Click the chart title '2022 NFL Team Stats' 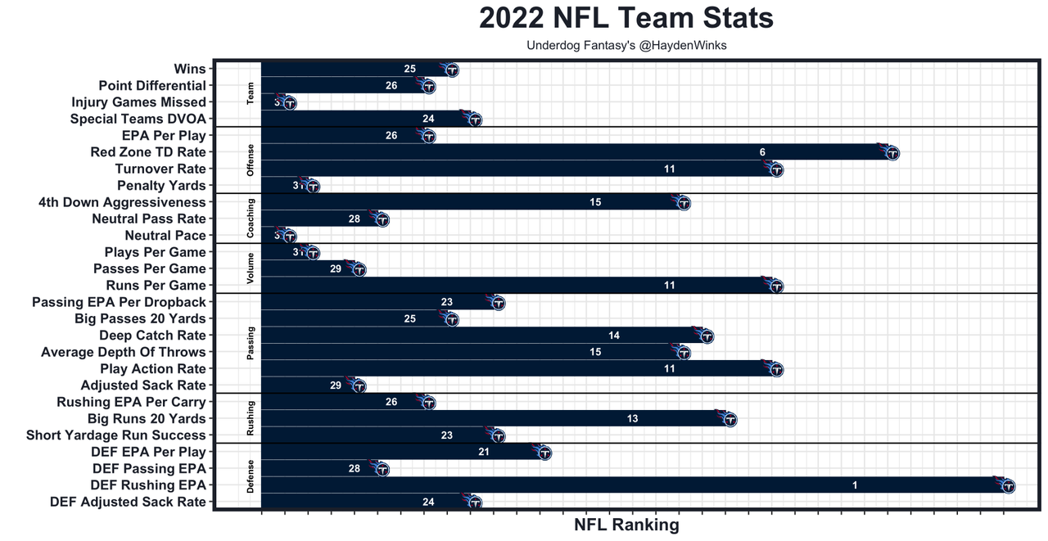tap(626, 18)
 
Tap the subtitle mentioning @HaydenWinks tap(626, 46)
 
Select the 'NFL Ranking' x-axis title tap(626, 525)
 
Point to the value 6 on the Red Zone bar tap(762, 152)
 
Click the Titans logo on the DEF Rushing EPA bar tap(1007, 486)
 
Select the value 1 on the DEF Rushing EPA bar tap(855, 485)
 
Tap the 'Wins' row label tap(190, 69)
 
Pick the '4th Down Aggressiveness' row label tap(122, 202)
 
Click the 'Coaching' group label tap(251, 219)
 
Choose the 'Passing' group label tap(251, 344)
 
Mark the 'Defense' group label tap(251, 477)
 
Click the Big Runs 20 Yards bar tap(491, 419)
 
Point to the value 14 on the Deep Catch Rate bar tap(614, 336)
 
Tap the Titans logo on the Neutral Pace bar tap(288, 237)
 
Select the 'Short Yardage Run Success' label tap(116, 435)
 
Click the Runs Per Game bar tap(516, 286)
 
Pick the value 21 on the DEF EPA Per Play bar tap(484, 452)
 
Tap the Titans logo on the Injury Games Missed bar tap(288, 103)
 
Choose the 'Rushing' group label tap(251, 418)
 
